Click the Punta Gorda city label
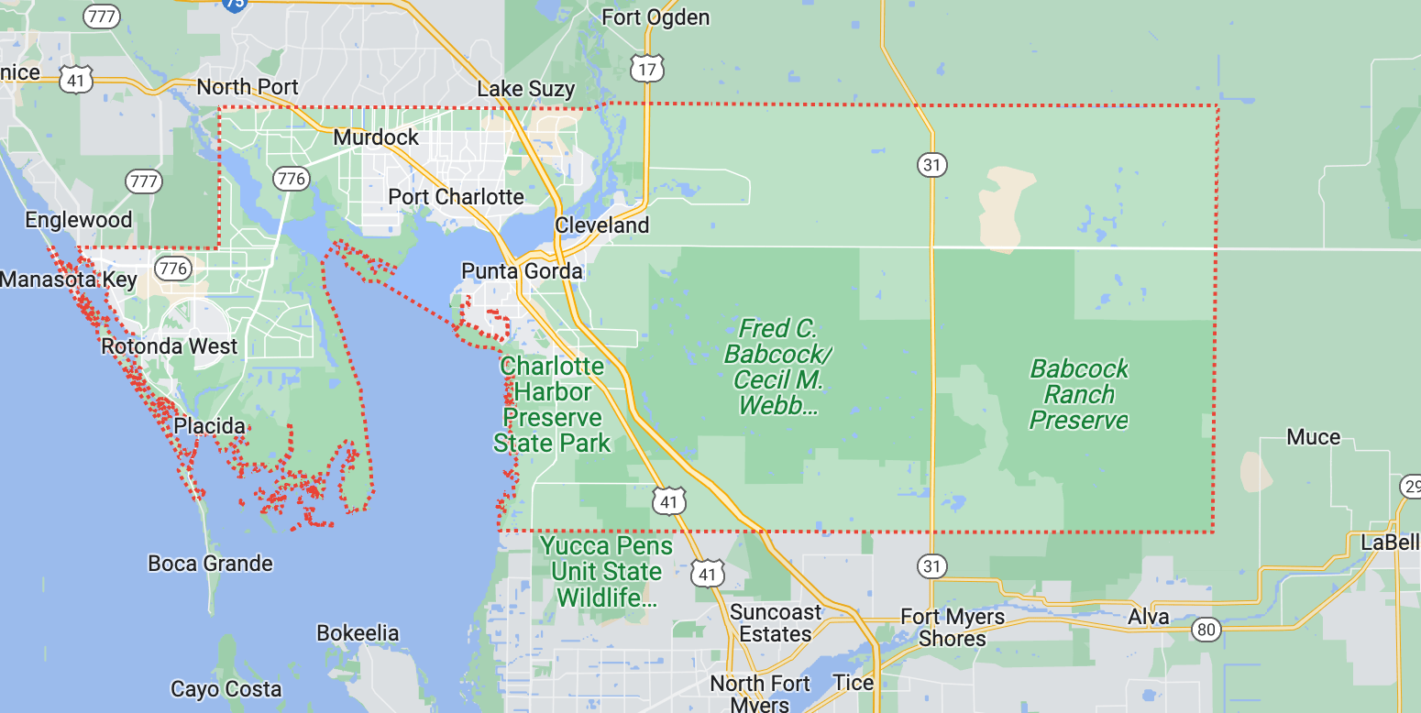tap(522, 271)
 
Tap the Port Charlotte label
tap(456, 197)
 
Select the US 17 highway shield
tap(647, 69)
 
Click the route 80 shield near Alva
tap(1206, 630)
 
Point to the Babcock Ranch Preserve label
tap(1079, 395)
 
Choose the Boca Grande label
tap(210, 563)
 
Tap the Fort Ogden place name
tap(655, 17)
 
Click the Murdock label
tap(376, 137)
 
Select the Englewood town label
tap(79, 220)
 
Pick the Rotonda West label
tap(170, 346)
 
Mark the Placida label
tap(210, 426)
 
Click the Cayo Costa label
tap(226, 689)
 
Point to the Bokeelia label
tap(358, 633)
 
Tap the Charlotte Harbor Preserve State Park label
tap(552, 405)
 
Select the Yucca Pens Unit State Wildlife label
tap(606, 572)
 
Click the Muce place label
tap(1314, 437)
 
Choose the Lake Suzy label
tap(526, 89)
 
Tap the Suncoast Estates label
tap(776, 622)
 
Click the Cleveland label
tap(601, 225)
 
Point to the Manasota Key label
tap(69, 280)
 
